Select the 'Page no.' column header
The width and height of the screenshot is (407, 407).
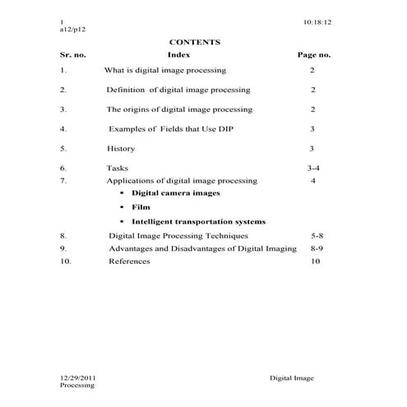coord(312,54)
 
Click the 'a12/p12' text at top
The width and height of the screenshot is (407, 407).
coord(73,27)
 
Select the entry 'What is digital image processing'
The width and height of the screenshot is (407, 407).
coord(165,71)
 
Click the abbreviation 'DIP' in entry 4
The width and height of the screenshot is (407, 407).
coord(238,129)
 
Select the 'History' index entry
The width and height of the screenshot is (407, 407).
coord(121,149)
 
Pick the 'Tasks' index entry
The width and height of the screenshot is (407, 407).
coord(118,168)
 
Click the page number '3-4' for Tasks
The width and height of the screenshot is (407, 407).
coord(313,168)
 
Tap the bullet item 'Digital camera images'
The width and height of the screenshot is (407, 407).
coord(175,193)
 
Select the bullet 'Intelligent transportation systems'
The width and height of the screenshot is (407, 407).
coord(198,221)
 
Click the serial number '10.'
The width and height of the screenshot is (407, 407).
coord(66,261)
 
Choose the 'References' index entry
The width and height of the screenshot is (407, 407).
coord(129,261)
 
